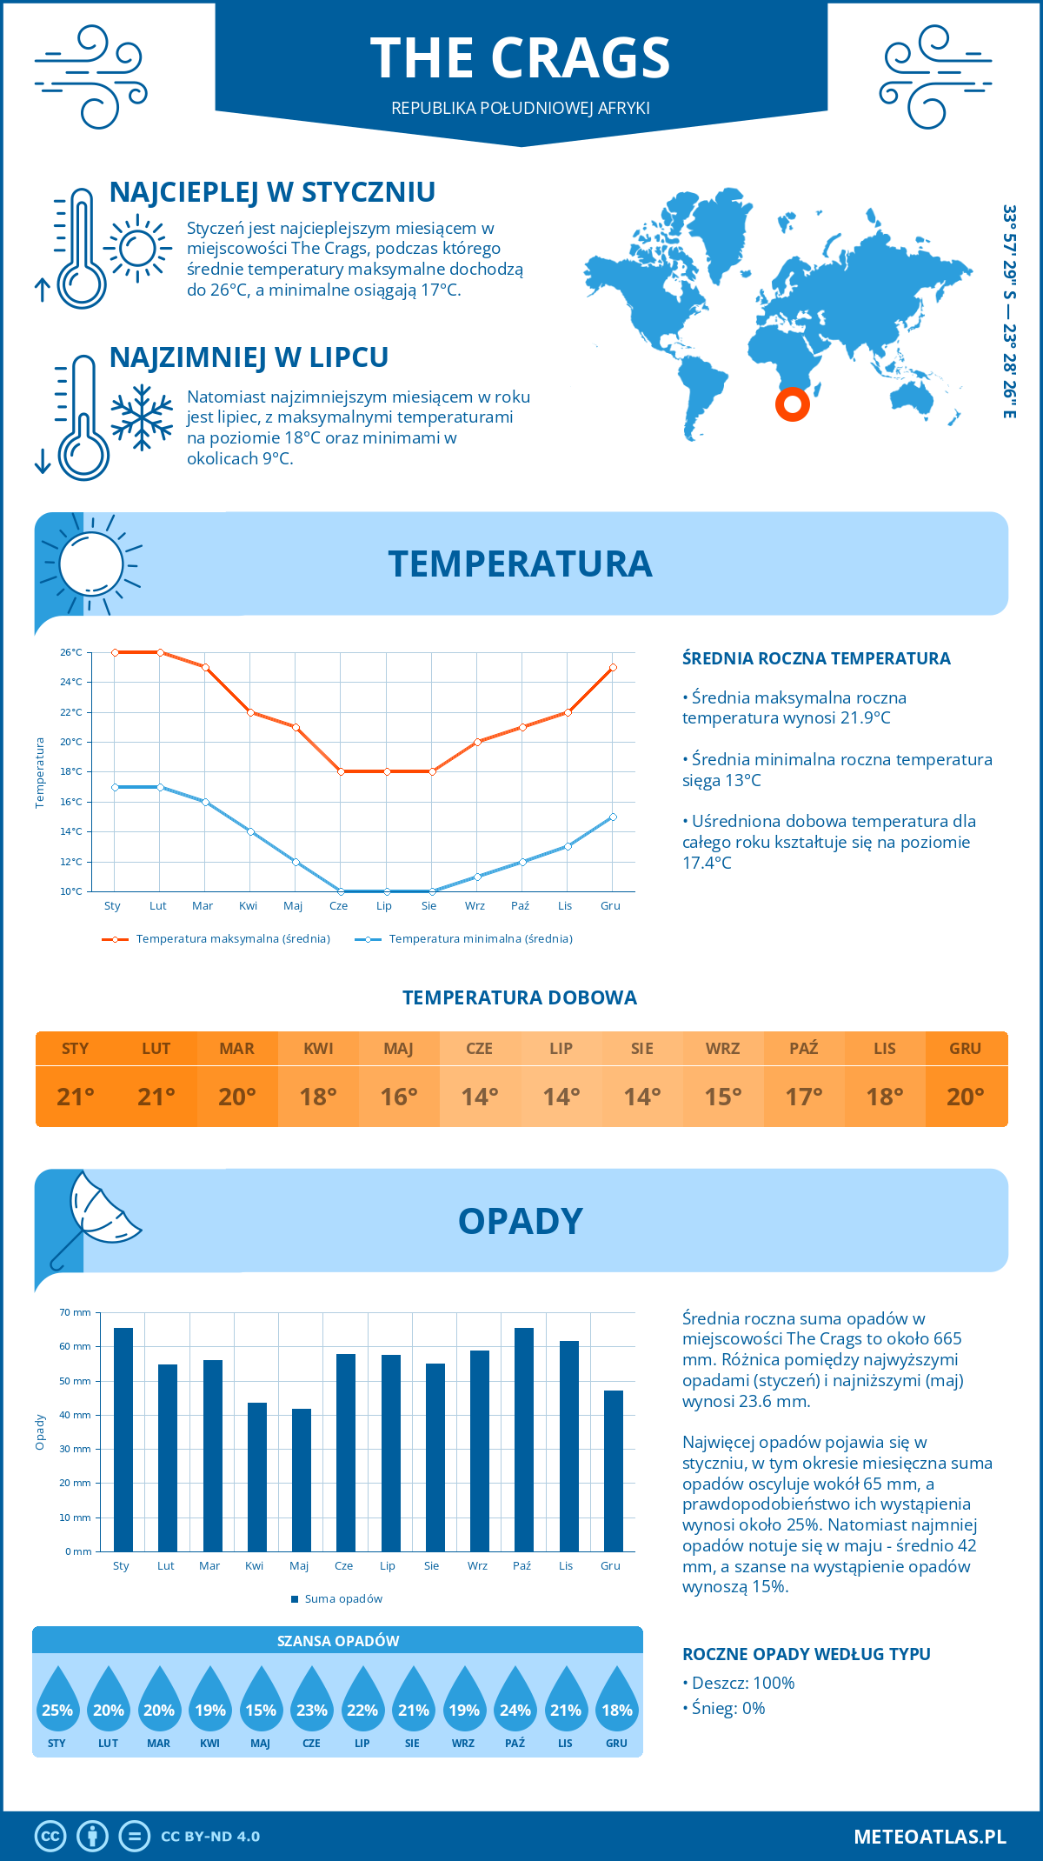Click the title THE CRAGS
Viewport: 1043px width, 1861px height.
point(520,58)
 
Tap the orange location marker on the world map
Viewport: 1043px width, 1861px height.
point(792,404)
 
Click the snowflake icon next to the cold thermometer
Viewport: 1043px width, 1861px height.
point(142,417)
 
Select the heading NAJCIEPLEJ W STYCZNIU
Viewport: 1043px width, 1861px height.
point(272,192)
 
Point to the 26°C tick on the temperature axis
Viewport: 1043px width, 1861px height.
point(71,652)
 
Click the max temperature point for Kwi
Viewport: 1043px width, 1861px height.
point(250,712)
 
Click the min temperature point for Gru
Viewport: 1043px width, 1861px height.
point(613,817)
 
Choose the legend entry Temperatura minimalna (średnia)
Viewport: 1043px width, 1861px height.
point(480,939)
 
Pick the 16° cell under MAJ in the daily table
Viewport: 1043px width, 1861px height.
point(399,1097)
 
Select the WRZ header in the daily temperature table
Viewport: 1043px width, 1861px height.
point(722,1049)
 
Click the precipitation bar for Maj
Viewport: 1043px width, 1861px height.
point(301,1479)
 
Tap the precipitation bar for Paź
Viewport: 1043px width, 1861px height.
point(523,1439)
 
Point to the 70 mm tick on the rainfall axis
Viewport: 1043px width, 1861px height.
point(76,1312)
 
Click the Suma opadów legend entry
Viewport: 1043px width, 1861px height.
point(342,1599)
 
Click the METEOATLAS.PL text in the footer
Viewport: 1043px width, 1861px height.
point(929,1837)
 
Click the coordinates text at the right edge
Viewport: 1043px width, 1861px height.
point(1009,311)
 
